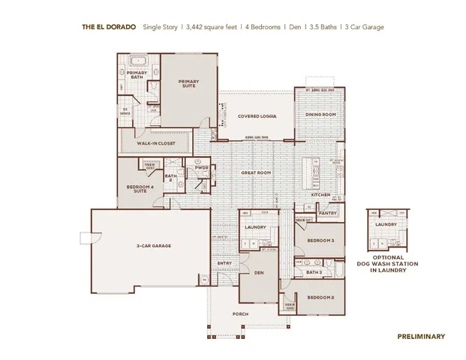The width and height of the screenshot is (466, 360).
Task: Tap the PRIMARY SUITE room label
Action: (188, 83)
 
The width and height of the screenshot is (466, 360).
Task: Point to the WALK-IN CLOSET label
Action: (155, 142)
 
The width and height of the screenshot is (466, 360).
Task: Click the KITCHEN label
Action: (322, 195)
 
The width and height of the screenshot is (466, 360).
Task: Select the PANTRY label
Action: (327, 213)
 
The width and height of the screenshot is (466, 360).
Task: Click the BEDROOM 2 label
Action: (320, 297)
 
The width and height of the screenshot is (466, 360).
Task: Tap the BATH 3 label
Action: (314, 272)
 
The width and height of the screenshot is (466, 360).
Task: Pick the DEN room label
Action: (259, 273)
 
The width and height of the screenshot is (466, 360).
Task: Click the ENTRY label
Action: (224, 263)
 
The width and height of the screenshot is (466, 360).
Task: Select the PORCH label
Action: (240, 313)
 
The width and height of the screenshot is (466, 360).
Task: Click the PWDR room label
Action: (201, 168)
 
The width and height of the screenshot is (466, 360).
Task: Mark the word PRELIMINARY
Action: (420, 337)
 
